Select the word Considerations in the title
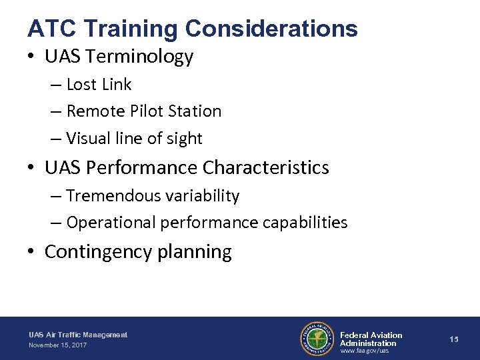[272, 28]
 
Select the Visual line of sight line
[134, 138]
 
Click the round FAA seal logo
[317, 339]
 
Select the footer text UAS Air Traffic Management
[78, 334]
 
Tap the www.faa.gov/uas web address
[363, 351]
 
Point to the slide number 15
[453, 339]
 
